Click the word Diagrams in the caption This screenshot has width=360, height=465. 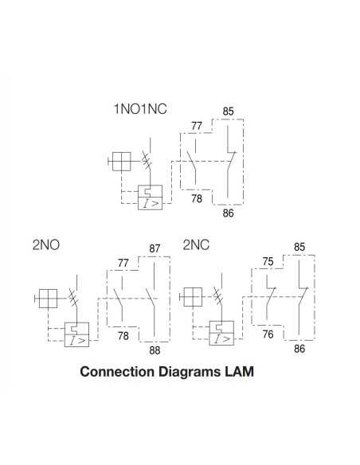point(187,371)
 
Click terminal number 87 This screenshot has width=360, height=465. point(155,248)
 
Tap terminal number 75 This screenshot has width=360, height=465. point(268,260)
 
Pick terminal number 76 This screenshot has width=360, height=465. point(268,334)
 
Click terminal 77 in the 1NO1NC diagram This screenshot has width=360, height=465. point(197,126)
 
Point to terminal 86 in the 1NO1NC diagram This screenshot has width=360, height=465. point(229,213)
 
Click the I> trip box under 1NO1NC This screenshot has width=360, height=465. point(151,197)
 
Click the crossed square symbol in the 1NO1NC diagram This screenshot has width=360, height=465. point(121,162)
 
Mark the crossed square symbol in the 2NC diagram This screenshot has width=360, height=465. point(192,299)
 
